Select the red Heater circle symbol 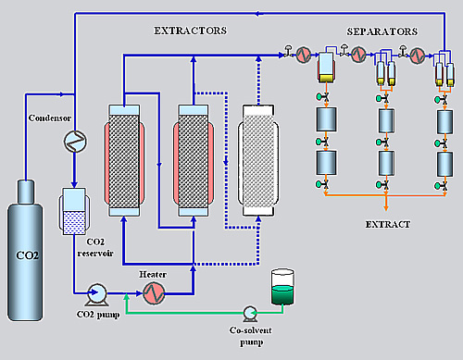(153, 293)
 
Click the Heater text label (153, 275)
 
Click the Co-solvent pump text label (250, 335)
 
